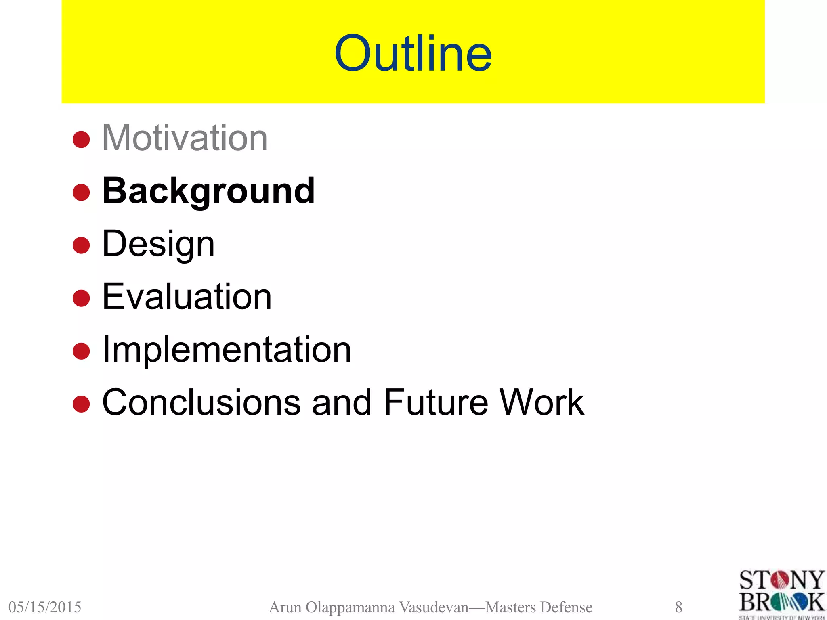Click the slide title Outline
pos(413,53)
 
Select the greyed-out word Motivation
pos(185,138)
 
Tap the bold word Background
pos(208,191)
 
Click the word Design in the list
pos(158,244)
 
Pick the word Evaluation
pos(187,297)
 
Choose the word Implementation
pos(227,350)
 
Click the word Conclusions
pos(202,402)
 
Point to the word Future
pos(436,402)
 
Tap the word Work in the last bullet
pos(542,402)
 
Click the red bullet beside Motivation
pos(81,140)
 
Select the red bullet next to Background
pos(81,193)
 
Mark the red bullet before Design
pos(81,245)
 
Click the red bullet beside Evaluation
pos(81,298)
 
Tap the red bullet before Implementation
pos(81,351)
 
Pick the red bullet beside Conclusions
pos(81,404)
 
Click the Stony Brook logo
pos(782,593)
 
